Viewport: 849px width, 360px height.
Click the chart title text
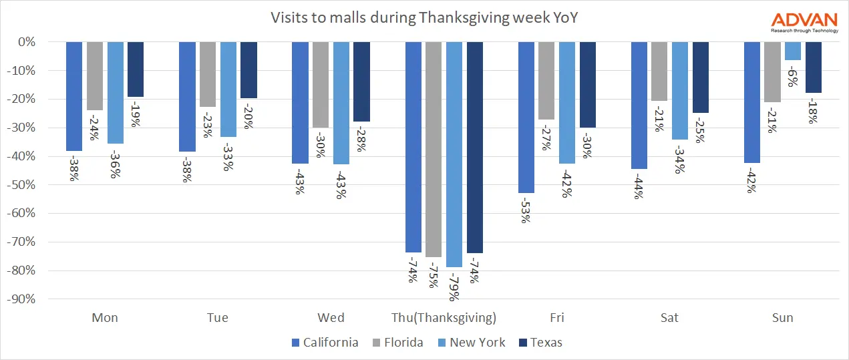pyautogui.click(x=424, y=18)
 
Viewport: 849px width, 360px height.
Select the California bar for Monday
pyautogui.click(x=74, y=96)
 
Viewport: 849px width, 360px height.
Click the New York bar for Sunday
pyautogui.click(x=793, y=51)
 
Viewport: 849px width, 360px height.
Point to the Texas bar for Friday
pyautogui.click(x=588, y=85)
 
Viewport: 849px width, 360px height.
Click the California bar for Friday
pyautogui.click(x=526, y=117)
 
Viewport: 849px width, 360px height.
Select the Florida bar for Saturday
pyautogui.click(x=659, y=71)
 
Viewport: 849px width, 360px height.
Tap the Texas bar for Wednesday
pyautogui.click(x=361, y=81)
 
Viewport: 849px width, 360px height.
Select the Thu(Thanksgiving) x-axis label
pyautogui.click(x=444, y=317)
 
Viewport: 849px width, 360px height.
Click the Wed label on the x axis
pyautogui.click(x=331, y=317)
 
